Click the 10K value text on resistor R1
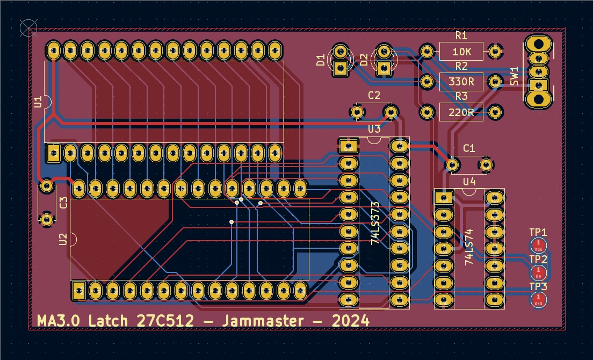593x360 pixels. coord(461,52)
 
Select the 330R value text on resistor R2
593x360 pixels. coord(461,82)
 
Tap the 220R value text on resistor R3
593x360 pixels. coord(461,112)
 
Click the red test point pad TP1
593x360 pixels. coord(538,246)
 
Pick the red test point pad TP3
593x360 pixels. coord(538,300)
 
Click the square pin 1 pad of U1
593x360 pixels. coord(53,153)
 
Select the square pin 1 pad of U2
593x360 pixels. coord(79,291)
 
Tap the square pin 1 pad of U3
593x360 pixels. coord(348,146)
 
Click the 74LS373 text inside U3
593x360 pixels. coord(375,223)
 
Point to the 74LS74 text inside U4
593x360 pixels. coord(469,246)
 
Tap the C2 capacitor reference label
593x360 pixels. coord(374,96)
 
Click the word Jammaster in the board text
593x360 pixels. coord(259,321)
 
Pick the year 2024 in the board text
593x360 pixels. coord(350,321)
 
